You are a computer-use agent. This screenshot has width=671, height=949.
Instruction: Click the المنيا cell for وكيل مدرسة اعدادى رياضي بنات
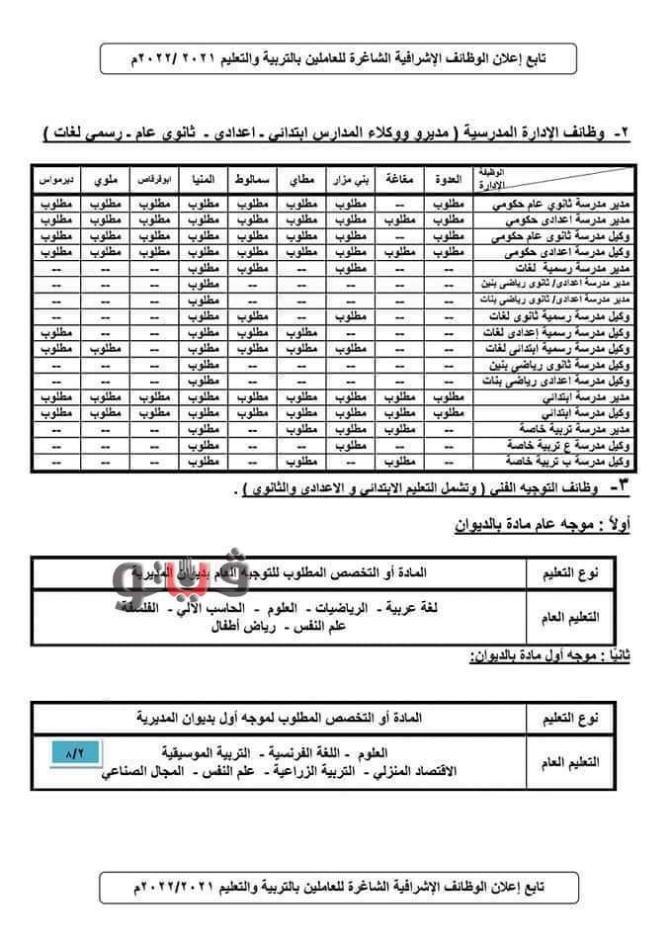pos(204,381)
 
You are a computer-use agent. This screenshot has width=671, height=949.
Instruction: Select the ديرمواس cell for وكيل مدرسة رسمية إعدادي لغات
pos(55,332)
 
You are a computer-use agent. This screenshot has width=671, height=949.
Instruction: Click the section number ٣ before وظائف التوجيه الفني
pos(619,488)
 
